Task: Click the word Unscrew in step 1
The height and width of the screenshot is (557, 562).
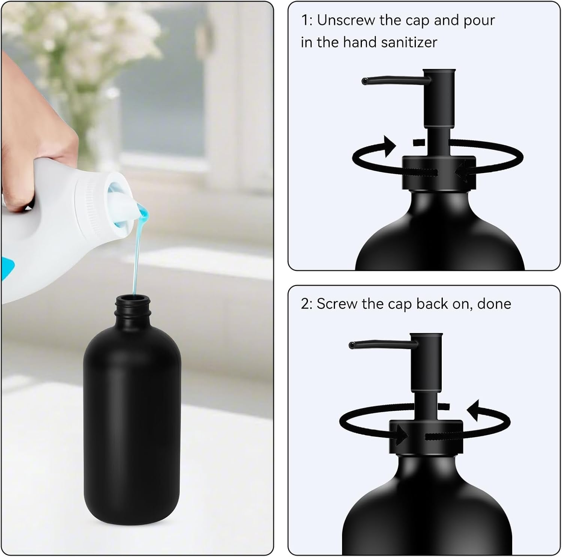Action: (346, 21)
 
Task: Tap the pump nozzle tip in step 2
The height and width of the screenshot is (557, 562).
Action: (351, 345)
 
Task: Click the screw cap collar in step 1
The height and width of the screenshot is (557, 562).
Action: (438, 172)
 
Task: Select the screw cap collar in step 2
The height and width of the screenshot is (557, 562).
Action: (426, 437)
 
